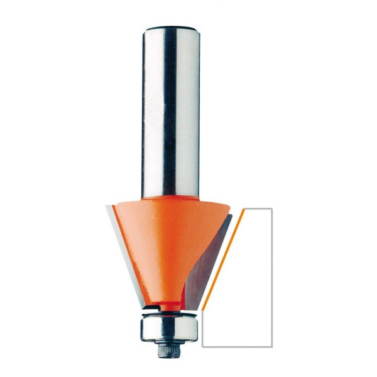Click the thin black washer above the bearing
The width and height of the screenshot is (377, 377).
168,309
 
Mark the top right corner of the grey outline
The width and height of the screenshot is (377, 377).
271,209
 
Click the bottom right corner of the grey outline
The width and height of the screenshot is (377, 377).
271,346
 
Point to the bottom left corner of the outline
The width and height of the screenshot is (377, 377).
202,346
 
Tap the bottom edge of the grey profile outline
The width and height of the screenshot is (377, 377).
237,346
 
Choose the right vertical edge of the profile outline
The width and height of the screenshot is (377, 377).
271,276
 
